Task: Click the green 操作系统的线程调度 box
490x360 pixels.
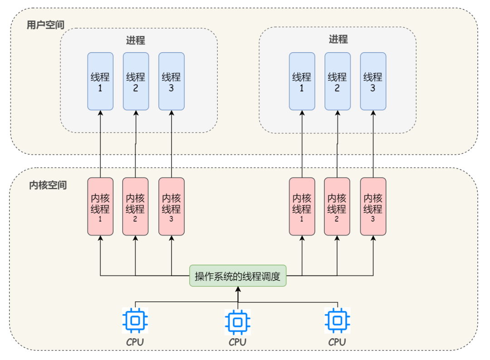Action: point(238,276)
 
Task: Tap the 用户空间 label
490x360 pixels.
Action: point(45,25)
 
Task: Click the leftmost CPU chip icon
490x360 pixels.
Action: point(135,320)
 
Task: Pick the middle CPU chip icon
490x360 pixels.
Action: point(237,321)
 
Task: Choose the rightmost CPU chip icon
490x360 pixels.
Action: point(337,320)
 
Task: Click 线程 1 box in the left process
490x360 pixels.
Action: point(100,81)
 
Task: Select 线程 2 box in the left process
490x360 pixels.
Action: point(136,81)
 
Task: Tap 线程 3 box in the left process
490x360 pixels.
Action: point(171,81)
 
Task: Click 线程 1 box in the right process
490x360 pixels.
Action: point(302,81)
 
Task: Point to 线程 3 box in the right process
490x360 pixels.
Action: point(373,81)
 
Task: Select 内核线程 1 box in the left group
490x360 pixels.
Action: point(100,206)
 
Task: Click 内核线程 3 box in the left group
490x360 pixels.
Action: point(171,206)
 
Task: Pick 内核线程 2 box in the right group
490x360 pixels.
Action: point(337,206)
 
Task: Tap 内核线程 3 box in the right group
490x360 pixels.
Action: point(373,206)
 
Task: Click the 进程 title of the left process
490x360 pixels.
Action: point(136,40)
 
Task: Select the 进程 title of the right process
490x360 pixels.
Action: point(338,39)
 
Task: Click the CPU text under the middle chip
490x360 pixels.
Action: point(237,342)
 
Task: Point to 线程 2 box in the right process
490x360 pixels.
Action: point(337,81)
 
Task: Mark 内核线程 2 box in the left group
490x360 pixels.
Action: point(136,206)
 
